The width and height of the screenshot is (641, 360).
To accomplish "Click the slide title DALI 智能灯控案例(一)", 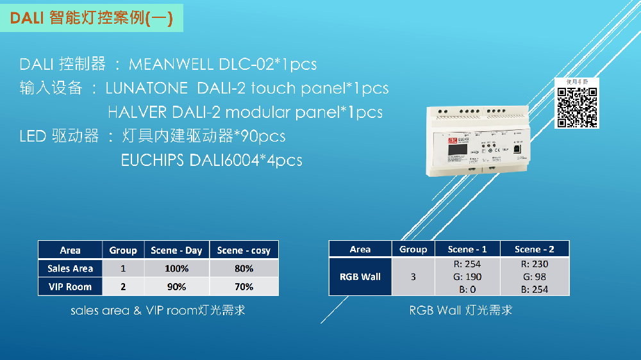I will (91, 18).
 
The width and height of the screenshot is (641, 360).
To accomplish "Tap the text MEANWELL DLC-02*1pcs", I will (222, 65).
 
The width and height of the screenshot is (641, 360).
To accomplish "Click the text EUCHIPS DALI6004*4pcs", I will (212, 160).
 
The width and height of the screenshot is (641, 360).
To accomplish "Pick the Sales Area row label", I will (70, 268).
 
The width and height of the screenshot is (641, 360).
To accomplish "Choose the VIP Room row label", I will (70, 286).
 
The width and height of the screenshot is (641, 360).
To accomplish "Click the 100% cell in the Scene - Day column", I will (176, 268).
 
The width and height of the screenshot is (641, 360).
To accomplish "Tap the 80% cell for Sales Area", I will (244, 268).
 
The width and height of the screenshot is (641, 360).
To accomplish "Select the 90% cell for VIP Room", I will (176, 286).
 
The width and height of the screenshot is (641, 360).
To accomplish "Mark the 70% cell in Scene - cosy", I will (244, 286).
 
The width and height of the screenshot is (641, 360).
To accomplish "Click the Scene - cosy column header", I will (244, 250).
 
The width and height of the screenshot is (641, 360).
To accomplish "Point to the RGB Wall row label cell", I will (360, 277).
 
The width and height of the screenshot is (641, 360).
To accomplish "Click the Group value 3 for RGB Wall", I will (413, 277).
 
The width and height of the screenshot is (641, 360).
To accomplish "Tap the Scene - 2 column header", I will (534, 249).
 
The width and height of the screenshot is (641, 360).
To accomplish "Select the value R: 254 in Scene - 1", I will (467, 264).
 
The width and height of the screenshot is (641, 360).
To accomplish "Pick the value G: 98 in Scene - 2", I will (534, 277).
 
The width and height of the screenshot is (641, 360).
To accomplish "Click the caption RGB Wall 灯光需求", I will (460, 311).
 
